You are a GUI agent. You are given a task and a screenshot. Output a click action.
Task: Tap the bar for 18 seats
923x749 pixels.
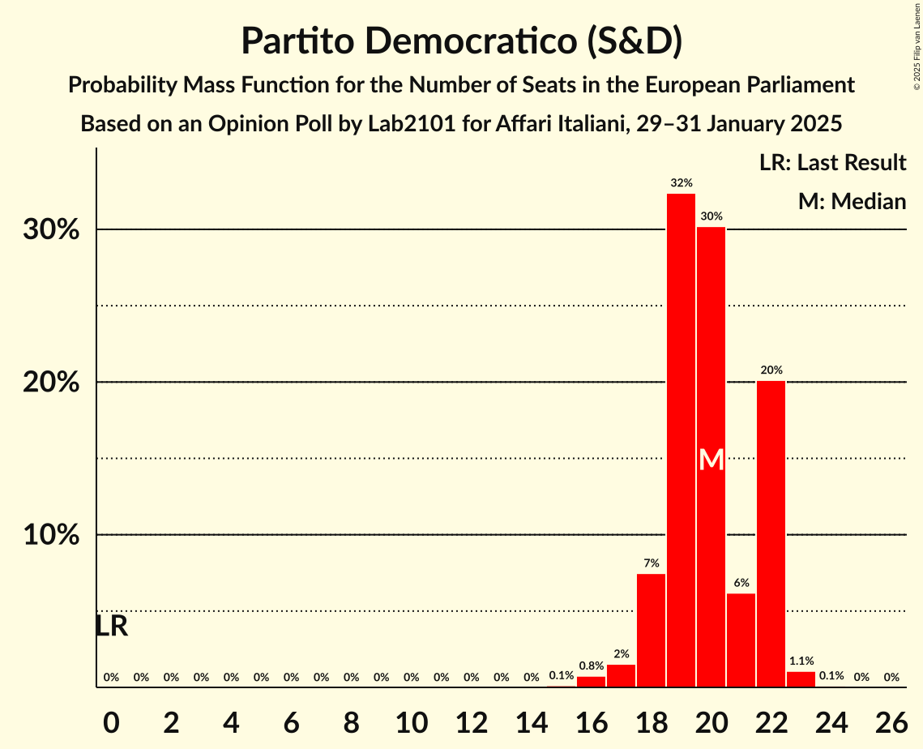[651, 630]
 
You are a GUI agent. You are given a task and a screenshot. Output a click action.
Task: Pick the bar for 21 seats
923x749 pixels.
[741, 640]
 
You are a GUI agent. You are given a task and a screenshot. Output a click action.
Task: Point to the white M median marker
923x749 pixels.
[711, 460]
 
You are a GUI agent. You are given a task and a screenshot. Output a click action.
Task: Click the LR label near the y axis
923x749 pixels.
[111, 626]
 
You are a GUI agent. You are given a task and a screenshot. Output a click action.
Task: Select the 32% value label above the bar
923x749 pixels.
[681, 183]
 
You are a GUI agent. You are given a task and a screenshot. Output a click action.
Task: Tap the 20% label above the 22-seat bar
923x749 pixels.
[771, 370]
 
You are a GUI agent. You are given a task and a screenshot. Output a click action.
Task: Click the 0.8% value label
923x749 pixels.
[591, 666]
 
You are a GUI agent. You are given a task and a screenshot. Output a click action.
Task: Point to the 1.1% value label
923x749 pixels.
[801, 661]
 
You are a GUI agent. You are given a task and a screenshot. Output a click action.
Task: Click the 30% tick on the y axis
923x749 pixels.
[51, 230]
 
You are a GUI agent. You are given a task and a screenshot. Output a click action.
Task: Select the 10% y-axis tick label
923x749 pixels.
[51, 536]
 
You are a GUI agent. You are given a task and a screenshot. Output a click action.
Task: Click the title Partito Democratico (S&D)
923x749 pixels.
[461, 41]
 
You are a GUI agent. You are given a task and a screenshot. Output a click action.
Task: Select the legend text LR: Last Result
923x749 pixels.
[832, 163]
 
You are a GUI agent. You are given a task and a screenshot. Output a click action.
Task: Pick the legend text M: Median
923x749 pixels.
[851, 201]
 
